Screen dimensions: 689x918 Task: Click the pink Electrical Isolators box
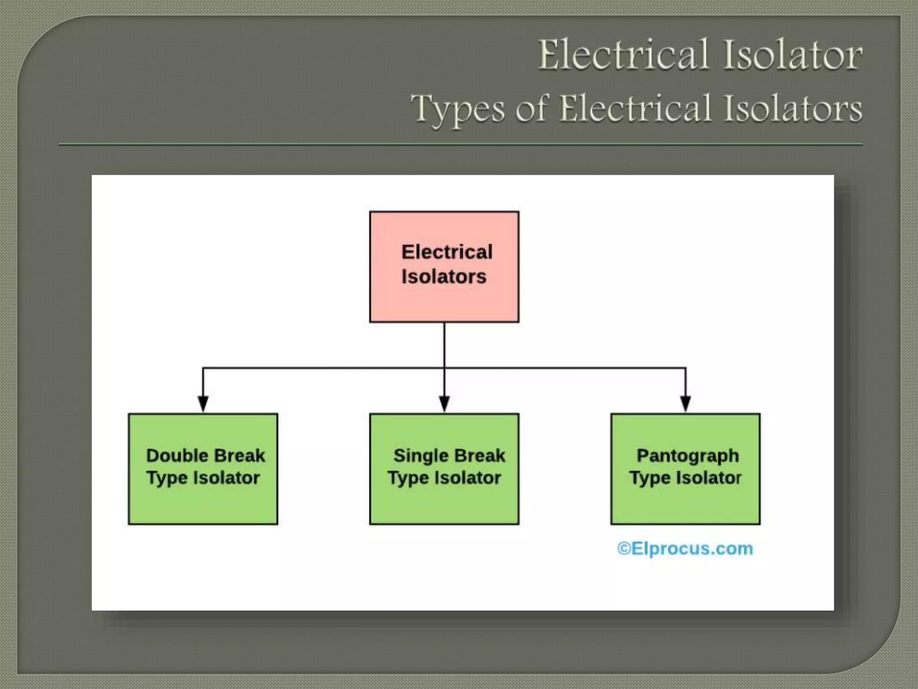444,266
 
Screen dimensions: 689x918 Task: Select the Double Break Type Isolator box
203,469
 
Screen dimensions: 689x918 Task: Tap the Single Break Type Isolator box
444,469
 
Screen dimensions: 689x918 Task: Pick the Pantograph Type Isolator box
685,469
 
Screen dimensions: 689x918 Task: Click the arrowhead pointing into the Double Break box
203,403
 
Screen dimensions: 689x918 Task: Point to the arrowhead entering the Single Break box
444,403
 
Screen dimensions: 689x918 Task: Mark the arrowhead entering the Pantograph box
685,403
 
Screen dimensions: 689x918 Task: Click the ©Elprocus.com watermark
685,549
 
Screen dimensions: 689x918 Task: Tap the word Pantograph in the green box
688,456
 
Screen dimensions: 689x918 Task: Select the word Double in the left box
172,456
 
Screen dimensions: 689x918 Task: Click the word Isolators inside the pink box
444,277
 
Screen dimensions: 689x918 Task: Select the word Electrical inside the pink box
447,252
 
